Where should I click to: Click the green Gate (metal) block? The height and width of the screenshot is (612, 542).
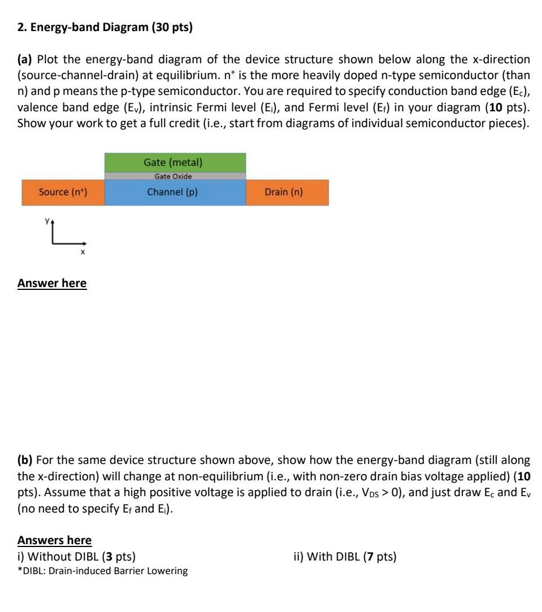click(x=175, y=162)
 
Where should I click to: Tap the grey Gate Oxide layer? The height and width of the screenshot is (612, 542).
click(x=175, y=176)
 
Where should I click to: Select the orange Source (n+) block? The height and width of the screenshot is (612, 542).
click(x=63, y=192)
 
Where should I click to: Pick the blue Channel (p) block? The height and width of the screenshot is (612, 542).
click(x=175, y=192)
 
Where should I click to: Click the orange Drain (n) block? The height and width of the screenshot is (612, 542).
click(x=287, y=192)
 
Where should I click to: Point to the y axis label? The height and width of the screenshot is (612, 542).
click(x=47, y=222)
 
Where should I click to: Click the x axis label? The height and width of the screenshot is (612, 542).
click(x=83, y=253)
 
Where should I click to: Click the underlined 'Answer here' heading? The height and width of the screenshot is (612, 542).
click(x=52, y=283)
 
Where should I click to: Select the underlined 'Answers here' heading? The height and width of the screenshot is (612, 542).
click(x=54, y=540)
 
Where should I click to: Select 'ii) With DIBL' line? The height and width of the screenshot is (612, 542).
click(x=345, y=557)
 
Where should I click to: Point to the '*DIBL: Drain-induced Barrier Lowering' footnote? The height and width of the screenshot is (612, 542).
click(x=103, y=571)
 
